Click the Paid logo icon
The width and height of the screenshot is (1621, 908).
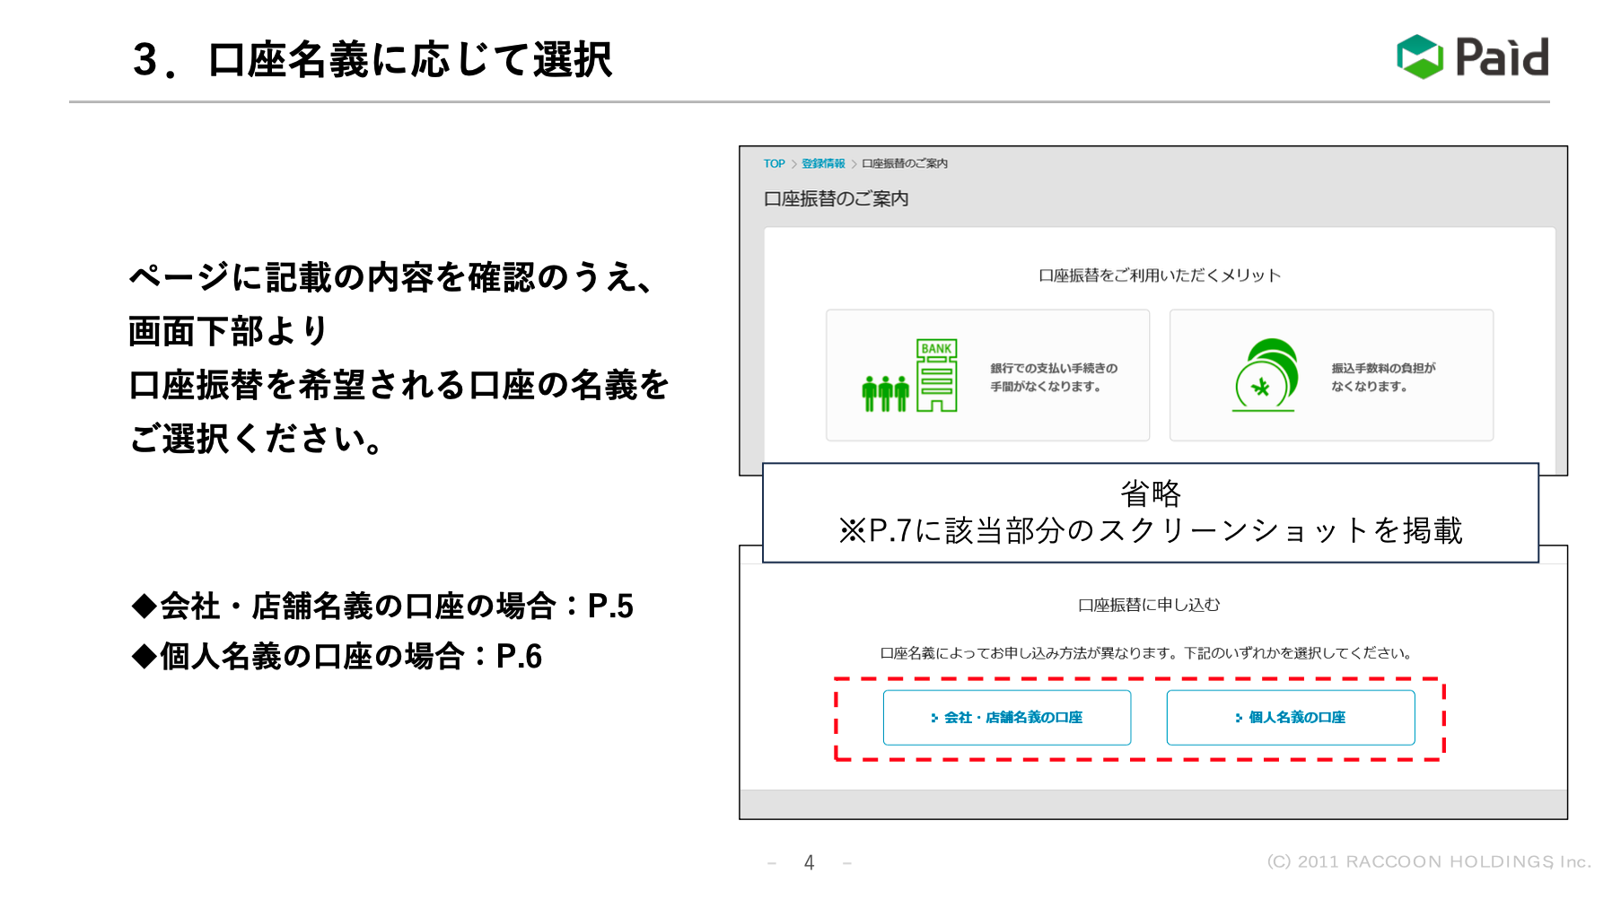(x=1419, y=57)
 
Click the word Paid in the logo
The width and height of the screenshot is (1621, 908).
(x=1502, y=57)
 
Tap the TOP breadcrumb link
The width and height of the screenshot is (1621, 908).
(x=774, y=163)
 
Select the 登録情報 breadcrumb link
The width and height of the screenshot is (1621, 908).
(x=823, y=163)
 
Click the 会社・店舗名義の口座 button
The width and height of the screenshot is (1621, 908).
(x=1006, y=717)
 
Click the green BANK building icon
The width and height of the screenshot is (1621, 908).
(x=936, y=375)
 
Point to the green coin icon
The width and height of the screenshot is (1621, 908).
(x=1266, y=375)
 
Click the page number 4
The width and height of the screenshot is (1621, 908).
(x=809, y=862)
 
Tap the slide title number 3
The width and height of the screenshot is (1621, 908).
(x=145, y=60)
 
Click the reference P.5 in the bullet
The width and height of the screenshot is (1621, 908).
(x=610, y=607)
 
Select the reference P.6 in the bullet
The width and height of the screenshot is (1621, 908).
(x=520, y=657)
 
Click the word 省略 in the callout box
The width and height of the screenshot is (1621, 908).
(x=1151, y=493)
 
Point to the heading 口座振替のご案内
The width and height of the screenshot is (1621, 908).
(x=836, y=198)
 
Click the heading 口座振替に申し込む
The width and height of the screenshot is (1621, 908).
(x=1149, y=605)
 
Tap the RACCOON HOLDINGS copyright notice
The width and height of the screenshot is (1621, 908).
(x=1428, y=861)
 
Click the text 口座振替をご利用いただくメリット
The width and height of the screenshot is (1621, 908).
(x=1159, y=275)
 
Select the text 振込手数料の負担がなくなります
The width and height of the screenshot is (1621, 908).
(x=1382, y=377)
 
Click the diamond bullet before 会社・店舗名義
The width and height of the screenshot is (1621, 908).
(x=144, y=607)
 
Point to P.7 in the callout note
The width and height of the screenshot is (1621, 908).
(x=890, y=530)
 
